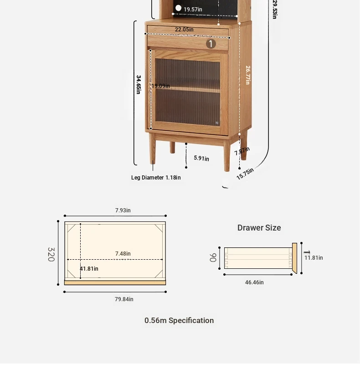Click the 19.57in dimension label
[x=193, y=10]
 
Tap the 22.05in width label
[x=184, y=30]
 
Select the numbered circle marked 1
[x=211, y=44]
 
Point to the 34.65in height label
[x=139, y=84]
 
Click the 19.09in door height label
[x=160, y=86]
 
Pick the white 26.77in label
[x=248, y=75]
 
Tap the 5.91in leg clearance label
[x=201, y=158]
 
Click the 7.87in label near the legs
[x=242, y=151]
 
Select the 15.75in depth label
[x=245, y=174]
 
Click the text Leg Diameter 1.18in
[x=156, y=178]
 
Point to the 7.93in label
[x=123, y=210]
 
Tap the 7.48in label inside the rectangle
[x=123, y=254]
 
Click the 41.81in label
[x=89, y=269]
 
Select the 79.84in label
[x=124, y=299]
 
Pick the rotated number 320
[x=51, y=254]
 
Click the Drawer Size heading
[x=259, y=228]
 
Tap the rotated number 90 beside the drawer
[x=213, y=257]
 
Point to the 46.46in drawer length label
[x=254, y=282]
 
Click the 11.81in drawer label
[x=314, y=258]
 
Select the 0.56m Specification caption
[x=179, y=320]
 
